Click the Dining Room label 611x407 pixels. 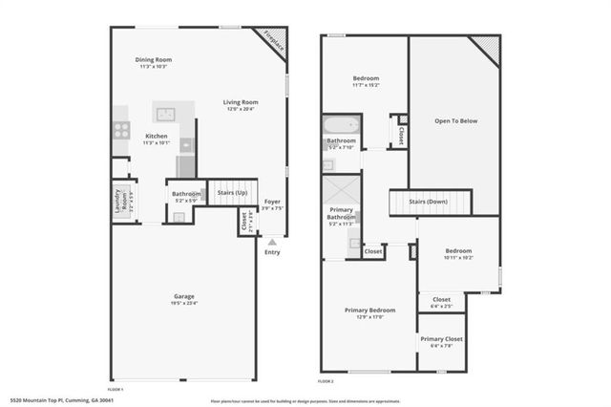(x=153, y=61)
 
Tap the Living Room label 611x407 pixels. (x=239, y=102)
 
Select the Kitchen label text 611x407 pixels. (x=157, y=137)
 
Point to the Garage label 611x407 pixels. (x=183, y=296)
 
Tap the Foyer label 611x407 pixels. (x=272, y=203)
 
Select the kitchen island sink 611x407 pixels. (x=166, y=114)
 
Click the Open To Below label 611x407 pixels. (x=455, y=121)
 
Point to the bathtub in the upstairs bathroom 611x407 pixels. (x=341, y=126)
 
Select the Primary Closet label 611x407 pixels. (x=441, y=339)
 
